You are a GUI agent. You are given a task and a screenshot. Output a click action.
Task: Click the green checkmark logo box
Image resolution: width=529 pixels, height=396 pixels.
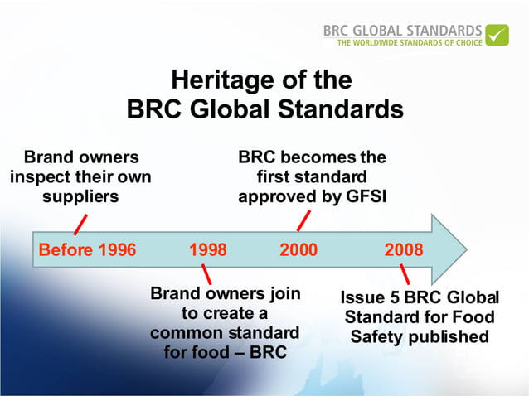click(x=497, y=36)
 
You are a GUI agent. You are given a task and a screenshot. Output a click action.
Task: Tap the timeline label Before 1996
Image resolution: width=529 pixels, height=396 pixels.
click(x=87, y=249)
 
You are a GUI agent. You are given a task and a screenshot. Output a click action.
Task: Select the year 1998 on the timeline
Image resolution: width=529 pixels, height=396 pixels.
click(x=208, y=249)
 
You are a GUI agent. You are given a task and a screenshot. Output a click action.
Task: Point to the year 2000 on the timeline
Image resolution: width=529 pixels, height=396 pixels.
click(x=298, y=249)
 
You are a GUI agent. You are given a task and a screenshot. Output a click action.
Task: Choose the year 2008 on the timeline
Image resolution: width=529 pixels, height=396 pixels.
click(x=404, y=249)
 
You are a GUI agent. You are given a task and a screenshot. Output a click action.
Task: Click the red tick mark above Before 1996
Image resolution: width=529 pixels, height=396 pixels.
click(x=80, y=224)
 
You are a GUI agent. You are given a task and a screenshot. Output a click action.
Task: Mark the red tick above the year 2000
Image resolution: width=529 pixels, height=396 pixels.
click(x=303, y=220)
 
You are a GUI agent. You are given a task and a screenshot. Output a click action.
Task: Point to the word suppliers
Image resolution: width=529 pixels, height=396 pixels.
click(x=80, y=196)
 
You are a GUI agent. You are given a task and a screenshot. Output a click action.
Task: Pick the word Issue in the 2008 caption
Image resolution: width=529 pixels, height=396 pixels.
click(x=362, y=297)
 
